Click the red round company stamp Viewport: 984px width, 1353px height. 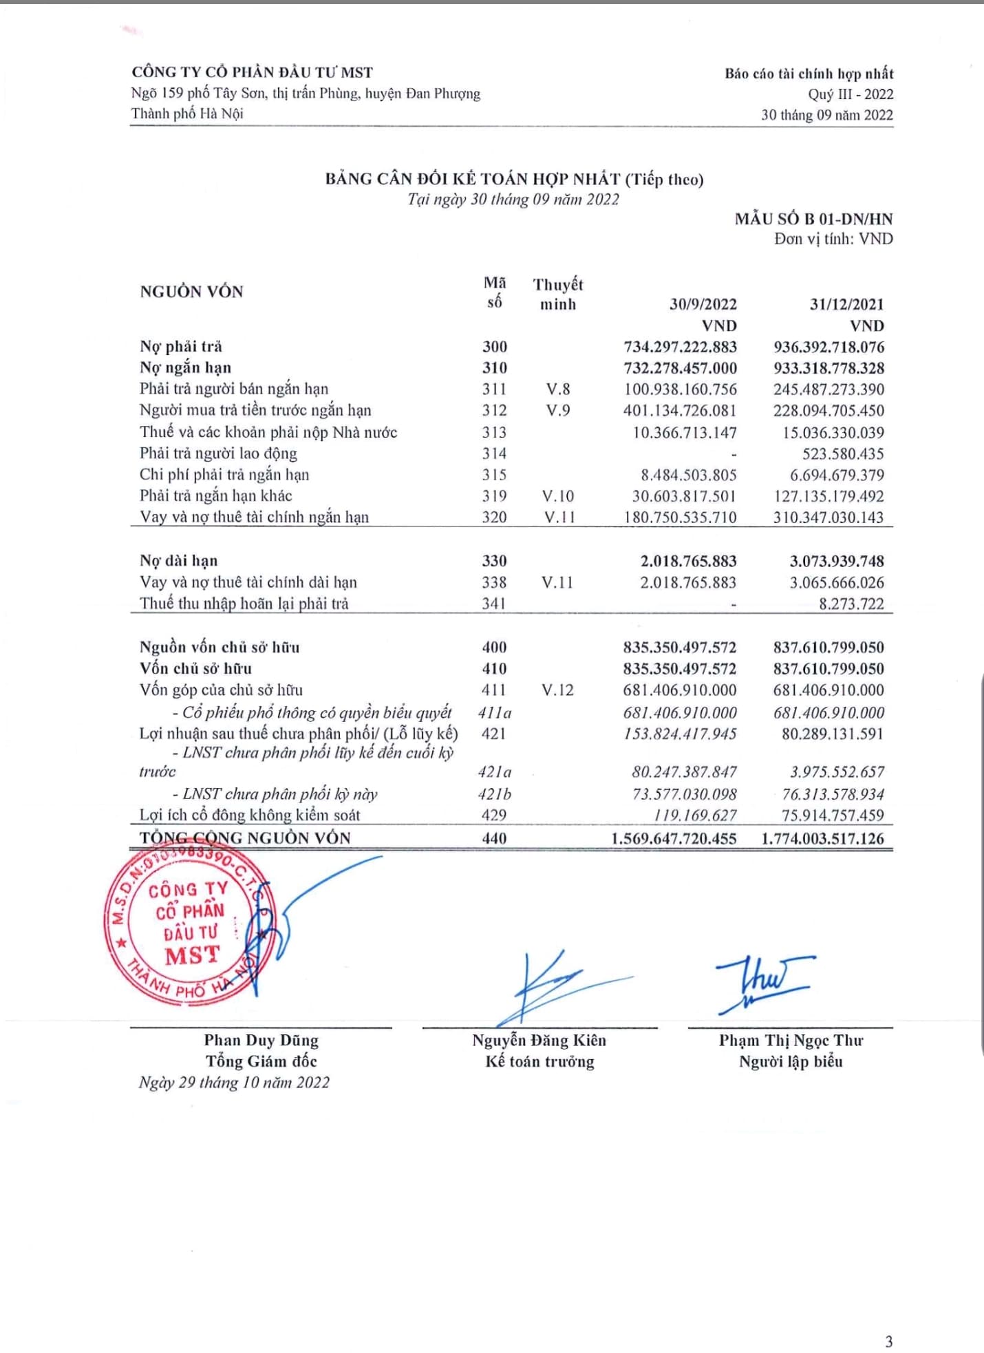[189, 926]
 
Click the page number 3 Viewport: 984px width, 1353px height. [888, 1341]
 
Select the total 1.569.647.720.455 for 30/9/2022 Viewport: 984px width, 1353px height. [674, 838]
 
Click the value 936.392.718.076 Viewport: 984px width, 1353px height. [828, 347]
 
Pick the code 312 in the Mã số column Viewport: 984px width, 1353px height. [494, 411]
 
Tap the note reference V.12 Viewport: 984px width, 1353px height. [557, 690]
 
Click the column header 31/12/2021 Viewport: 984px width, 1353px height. [846, 304]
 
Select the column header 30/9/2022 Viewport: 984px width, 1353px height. [703, 304]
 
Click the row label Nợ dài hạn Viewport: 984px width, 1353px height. [178, 561]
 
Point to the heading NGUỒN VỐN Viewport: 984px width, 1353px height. [191, 292]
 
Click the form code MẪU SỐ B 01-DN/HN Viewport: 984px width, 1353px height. [813, 220]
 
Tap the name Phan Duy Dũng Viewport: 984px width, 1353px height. [261, 1040]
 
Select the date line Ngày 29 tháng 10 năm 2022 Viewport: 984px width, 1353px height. [234, 1083]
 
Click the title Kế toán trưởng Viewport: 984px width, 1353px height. [539, 1061]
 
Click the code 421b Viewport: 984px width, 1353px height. [494, 794]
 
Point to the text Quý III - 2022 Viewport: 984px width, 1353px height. [851, 94]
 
